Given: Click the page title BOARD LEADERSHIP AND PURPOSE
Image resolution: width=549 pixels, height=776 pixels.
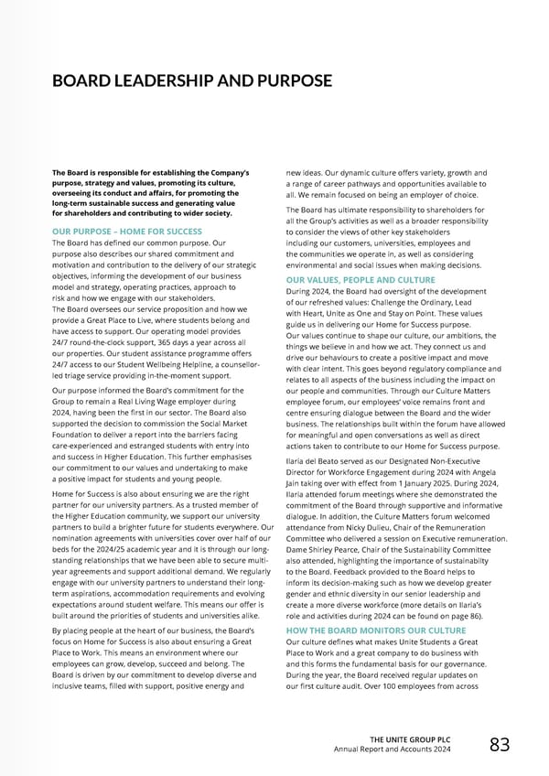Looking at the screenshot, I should click(x=192, y=81).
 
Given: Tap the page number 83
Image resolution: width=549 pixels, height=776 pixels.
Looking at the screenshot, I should click(x=500, y=745).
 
